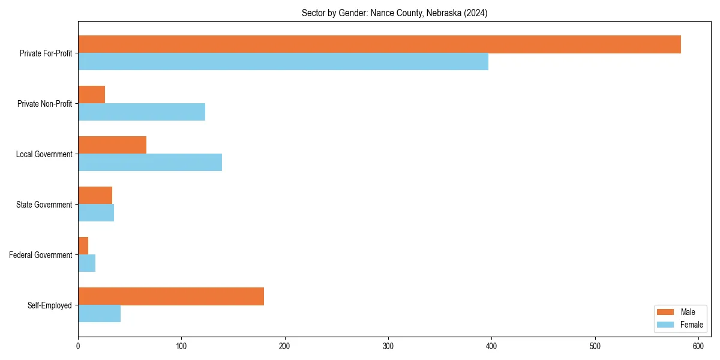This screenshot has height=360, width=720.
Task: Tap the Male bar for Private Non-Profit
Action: (91, 95)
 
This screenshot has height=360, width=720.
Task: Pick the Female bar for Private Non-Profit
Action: (142, 112)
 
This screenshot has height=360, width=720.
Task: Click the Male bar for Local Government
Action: (112, 145)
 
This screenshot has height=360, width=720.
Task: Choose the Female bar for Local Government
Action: (150, 163)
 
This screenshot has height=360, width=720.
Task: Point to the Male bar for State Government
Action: (95, 196)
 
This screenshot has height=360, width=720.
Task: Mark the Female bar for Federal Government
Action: (86, 263)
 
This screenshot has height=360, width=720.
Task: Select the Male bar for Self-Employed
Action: (171, 296)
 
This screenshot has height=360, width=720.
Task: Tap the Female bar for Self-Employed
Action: (99, 314)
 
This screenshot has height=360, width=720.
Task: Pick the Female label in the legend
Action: (691, 325)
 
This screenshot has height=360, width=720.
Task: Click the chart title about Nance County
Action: (394, 13)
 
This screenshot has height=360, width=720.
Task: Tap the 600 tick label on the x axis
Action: (698, 346)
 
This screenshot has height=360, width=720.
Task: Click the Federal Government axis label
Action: (41, 255)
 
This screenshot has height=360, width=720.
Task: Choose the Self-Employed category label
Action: (50, 305)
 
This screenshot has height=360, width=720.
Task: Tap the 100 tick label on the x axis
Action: (181, 346)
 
